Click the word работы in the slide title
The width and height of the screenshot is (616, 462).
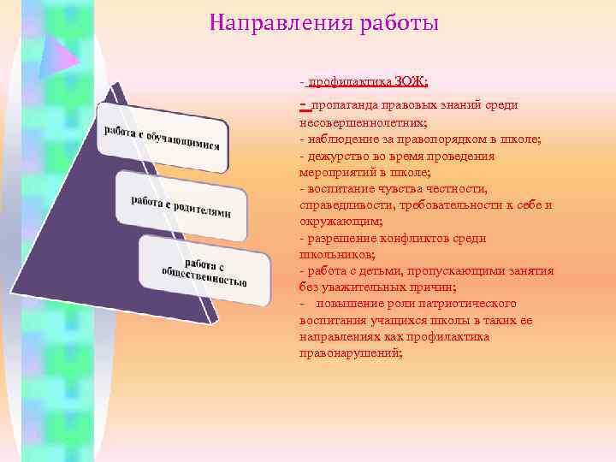click(x=403, y=23)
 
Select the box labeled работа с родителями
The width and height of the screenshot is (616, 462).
click(x=181, y=206)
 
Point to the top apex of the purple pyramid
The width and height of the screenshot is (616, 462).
click(x=110, y=86)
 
